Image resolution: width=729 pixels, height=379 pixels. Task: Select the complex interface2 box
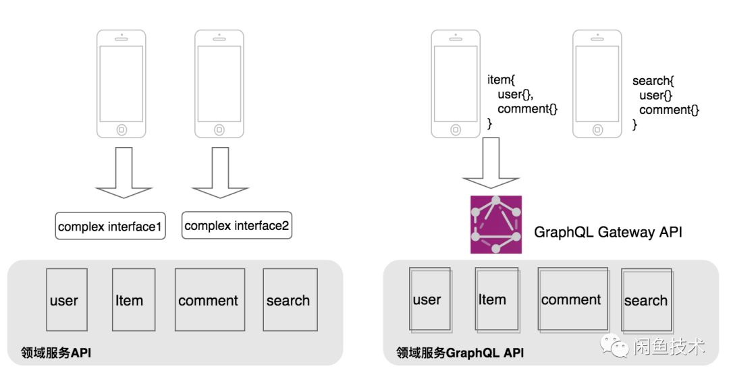coord(237,226)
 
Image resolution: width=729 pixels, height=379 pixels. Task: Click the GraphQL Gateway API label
coord(608,233)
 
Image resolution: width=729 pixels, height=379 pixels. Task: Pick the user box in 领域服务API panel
coord(66,299)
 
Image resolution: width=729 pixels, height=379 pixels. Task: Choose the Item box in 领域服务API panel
coord(133,299)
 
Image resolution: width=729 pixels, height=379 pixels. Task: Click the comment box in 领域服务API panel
coord(209,299)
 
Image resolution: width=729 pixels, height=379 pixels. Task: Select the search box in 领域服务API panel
coord(288,299)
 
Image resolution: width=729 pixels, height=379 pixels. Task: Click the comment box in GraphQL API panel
coord(572,299)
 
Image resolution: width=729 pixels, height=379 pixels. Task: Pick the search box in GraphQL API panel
coord(646,300)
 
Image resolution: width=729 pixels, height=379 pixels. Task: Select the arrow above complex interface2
coord(218,173)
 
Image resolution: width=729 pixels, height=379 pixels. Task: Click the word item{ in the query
coord(501,80)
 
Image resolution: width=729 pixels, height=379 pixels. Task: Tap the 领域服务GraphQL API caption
coord(460,353)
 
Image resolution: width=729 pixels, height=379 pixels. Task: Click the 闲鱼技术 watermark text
coord(669,347)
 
